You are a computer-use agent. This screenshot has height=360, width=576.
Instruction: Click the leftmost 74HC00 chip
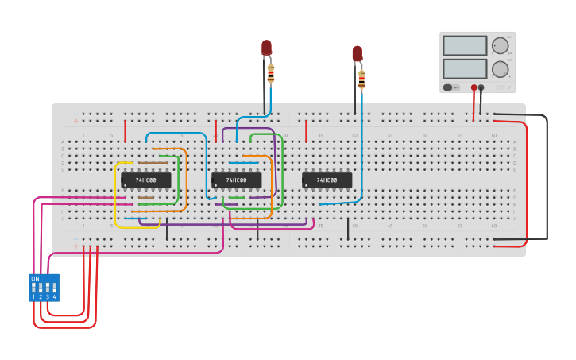[146, 180]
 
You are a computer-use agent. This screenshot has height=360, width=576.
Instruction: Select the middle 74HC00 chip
[237, 180]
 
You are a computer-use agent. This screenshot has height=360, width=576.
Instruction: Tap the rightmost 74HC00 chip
[327, 180]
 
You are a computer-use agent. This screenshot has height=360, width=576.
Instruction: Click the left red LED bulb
[266, 48]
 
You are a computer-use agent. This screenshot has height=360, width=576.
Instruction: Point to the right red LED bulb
[357, 53]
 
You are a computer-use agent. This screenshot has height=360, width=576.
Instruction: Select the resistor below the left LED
[271, 75]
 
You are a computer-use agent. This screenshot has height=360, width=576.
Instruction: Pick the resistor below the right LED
[361, 79]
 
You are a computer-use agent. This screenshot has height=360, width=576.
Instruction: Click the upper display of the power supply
[465, 46]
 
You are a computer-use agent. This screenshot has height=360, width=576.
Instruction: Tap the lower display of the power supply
[465, 68]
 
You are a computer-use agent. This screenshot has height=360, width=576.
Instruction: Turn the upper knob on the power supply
[499, 45]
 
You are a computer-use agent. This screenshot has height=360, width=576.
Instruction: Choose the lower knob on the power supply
[499, 68]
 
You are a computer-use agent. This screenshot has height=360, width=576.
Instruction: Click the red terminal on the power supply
[474, 87]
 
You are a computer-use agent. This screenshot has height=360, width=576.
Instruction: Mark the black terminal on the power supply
[481, 87]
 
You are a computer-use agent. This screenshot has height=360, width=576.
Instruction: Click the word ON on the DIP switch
[35, 279]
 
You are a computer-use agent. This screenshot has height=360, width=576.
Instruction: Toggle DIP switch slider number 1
[34, 288]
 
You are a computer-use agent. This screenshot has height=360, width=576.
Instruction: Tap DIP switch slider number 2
[41, 288]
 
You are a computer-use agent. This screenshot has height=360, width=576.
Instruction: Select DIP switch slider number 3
[48, 288]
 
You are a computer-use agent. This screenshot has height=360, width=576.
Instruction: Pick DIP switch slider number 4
[55, 288]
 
